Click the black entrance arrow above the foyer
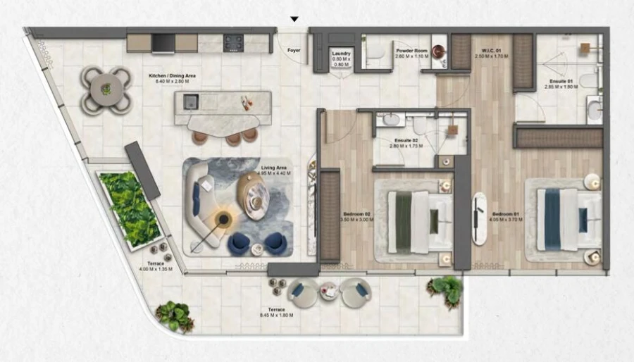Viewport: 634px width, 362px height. click(x=294, y=19)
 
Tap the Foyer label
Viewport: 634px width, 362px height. click(x=294, y=51)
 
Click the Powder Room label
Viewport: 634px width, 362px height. click(x=410, y=51)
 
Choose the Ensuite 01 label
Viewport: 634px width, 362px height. click(x=561, y=82)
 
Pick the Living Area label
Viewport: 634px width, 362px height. click(x=273, y=168)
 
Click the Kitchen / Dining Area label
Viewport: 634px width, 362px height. click(x=172, y=75)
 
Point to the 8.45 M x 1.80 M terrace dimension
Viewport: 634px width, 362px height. click(x=276, y=316)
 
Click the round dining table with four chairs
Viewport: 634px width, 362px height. click(x=106, y=89)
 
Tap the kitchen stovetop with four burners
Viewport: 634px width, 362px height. click(x=234, y=43)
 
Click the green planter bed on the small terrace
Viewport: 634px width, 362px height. click(x=128, y=208)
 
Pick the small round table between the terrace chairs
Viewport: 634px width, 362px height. click(x=329, y=291)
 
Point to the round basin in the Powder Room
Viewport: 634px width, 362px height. click(x=440, y=51)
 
